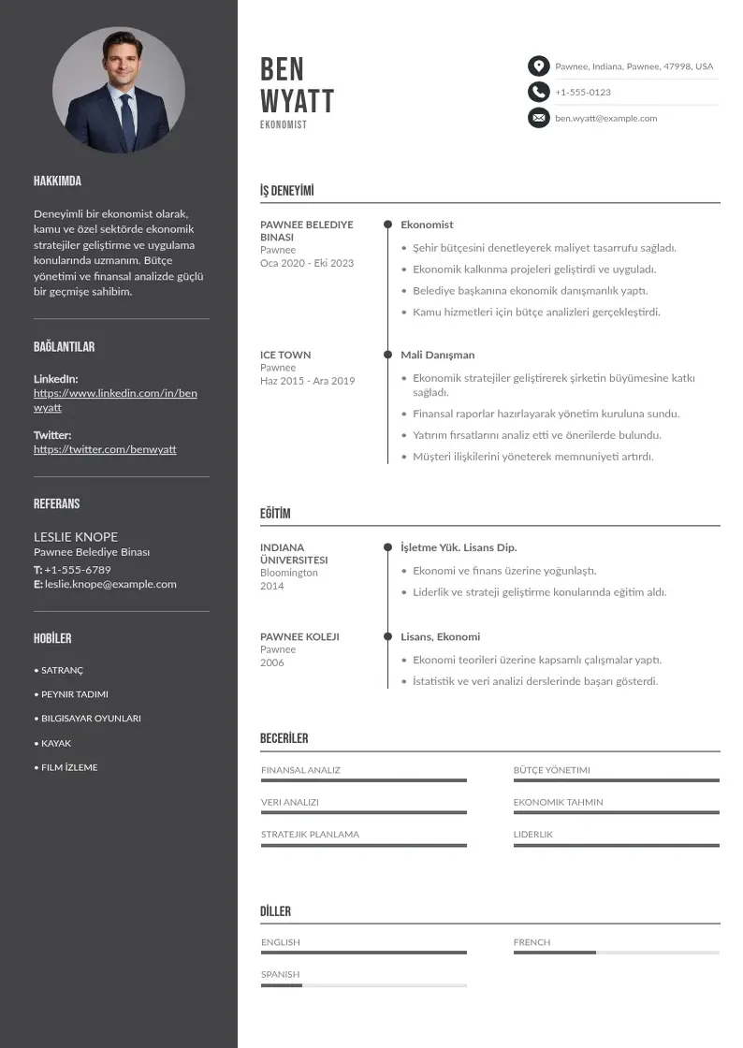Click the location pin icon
[538, 66]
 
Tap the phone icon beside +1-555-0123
[538, 92]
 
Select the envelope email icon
[538, 118]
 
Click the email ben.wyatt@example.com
[605, 118]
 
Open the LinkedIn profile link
[115, 400]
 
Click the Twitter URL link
[105, 449]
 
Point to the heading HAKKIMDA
[57, 181]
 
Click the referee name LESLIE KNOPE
[76, 536]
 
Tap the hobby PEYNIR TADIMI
[74, 694]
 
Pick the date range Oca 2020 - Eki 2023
[307, 263]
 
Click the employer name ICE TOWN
[285, 355]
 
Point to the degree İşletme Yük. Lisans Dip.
[459, 547]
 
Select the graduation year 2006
[271, 662]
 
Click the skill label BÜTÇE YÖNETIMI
[551, 770]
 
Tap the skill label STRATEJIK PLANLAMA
[310, 834]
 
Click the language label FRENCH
[532, 942]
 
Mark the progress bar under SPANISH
[363, 985]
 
